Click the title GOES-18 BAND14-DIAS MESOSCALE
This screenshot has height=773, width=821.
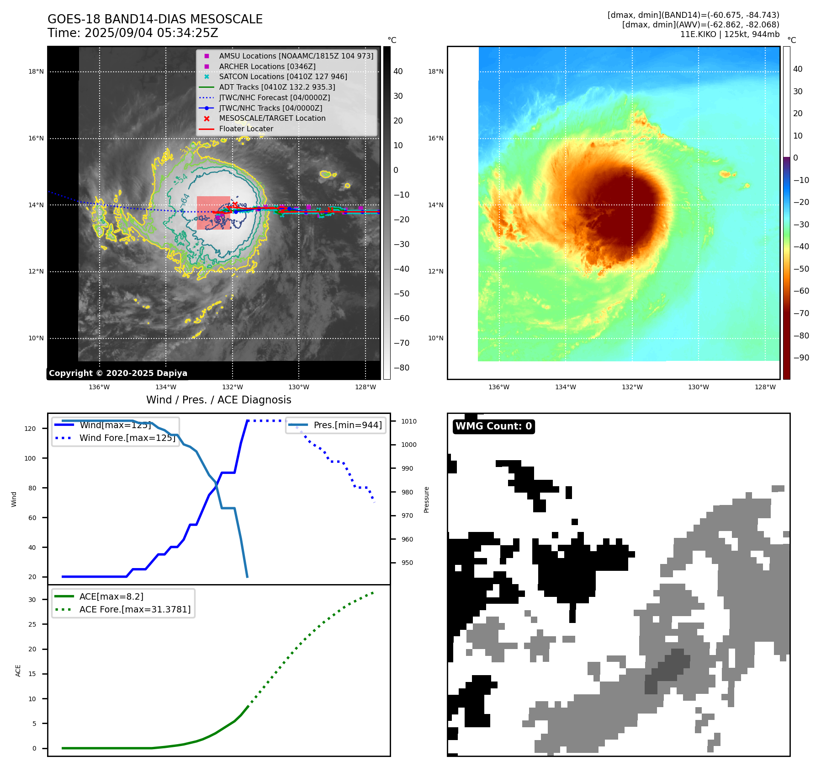point(155,19)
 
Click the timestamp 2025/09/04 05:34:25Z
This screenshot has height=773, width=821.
point(151,33)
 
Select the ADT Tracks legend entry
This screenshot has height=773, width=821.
point(277,87)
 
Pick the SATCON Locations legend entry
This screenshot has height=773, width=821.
point(283,76)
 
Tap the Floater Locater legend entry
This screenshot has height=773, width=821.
point(246,129)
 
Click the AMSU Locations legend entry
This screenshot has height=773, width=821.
point(296,56)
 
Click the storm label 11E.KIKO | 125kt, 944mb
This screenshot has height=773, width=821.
point(730,34)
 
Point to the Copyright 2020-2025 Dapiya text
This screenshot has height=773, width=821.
point(118,373)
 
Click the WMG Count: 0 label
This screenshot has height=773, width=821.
point(493,426)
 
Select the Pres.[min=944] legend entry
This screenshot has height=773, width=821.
point(347,425)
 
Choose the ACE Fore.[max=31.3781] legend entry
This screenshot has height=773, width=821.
point(135,609)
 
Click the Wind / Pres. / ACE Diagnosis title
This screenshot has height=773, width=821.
point(218,400)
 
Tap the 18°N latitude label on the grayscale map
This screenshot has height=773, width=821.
point(36,71)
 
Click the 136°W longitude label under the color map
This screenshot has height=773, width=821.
point(499,387)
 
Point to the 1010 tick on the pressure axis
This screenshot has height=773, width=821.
point(409,421)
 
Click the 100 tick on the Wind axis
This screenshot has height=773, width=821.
point(30,458)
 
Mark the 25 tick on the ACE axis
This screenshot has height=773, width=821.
point(32,624)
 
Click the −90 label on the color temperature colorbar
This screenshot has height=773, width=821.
point(801,358)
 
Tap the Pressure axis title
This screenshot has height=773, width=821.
point(426,499)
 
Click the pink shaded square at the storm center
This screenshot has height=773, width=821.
point(213,213)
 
